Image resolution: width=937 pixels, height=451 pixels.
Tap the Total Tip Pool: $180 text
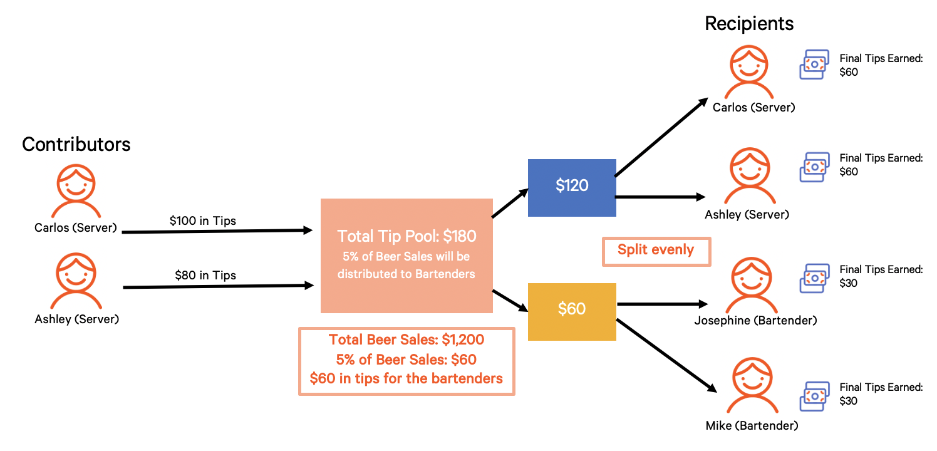[x=406, y=236]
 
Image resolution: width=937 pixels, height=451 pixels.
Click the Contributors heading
[x=76, y=144]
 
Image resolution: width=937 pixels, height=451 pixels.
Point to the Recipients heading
[x=749, y=24]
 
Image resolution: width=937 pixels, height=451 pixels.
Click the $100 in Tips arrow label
[x=203, y=220]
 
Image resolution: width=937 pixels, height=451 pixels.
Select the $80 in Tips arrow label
[x=205, y=275]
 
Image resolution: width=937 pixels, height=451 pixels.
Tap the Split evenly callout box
[x=656, y=251]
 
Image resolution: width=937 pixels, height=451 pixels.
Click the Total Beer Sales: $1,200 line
[x=406, y=340]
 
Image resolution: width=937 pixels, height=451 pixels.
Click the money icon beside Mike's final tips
[x=815, y=397]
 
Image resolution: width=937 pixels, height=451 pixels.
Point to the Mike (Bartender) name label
[x=752, y=426]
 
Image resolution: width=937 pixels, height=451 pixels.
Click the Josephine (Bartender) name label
[x=755, y=321]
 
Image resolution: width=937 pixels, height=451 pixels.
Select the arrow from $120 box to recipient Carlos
[x=661, y=138]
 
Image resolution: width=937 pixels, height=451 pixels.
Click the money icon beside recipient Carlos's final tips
[x=815, y=64]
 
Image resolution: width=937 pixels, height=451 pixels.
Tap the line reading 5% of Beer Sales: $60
[x=406, y=360]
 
